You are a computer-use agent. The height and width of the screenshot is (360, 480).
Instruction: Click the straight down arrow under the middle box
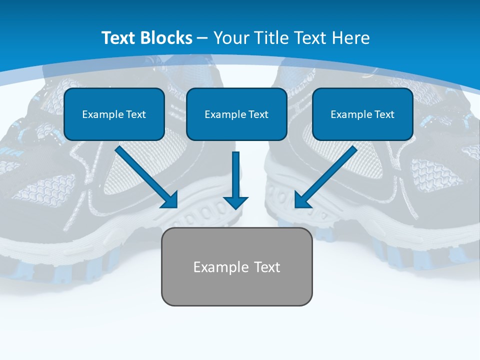235,175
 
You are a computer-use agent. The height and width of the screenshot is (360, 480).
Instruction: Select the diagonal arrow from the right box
327,175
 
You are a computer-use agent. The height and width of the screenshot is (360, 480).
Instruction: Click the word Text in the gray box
267,267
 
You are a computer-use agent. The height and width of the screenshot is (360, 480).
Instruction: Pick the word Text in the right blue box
384,114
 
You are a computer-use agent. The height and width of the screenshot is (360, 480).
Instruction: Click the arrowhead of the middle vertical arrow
235,202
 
